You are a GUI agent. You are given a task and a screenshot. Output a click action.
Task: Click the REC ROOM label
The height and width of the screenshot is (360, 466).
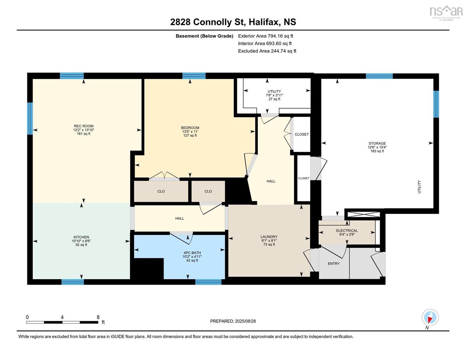tap(83, 126)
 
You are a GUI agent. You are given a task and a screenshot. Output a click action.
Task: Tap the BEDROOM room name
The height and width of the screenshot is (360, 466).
tap(190, 128)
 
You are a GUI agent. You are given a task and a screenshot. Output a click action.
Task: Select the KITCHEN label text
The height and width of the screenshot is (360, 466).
tap(81, 237)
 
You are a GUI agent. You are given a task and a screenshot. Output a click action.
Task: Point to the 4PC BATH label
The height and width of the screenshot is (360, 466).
tap(192, 253)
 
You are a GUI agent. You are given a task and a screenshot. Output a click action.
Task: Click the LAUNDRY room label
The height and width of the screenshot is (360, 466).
tap(269, 237)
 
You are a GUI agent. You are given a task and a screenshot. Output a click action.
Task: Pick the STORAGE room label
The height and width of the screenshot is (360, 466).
tap(377, 143)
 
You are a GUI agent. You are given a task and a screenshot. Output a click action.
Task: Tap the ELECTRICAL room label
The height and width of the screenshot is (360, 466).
tap(347, 231)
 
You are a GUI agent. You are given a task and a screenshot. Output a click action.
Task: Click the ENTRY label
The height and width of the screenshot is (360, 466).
tap(334, 264)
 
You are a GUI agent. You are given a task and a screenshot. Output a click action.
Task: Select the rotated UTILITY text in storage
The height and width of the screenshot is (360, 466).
tap(419, 187)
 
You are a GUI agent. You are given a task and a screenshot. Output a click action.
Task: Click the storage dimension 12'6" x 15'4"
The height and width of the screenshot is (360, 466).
tap(377, 147)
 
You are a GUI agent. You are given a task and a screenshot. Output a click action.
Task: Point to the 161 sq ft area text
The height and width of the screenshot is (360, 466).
tap(83, 134)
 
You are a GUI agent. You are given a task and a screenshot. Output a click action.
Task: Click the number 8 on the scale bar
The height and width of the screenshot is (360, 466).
tap(98, 317)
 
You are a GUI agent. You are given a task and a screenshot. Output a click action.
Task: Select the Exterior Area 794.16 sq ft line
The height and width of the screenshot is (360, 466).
tap(266, 36)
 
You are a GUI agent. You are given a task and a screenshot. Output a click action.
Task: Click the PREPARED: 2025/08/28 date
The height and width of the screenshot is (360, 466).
tap(233, 321)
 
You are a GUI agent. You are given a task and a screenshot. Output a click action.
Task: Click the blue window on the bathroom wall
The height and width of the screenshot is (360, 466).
tap(208, 282)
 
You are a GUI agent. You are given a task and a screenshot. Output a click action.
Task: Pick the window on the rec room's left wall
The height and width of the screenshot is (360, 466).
tap(30, 118)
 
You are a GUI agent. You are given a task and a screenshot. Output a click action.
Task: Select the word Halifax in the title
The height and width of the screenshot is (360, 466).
tap(264, 22)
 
